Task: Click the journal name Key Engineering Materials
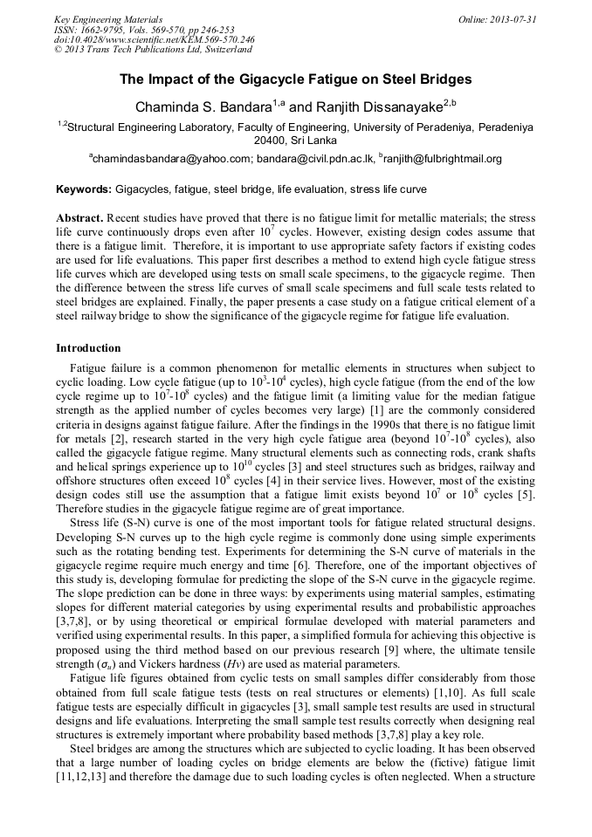coord(108,18)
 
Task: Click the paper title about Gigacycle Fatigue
coord(295,79)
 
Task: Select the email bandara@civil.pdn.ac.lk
coord(315,159)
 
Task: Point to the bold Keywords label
coord(83,189)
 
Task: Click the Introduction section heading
coord(88,348)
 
